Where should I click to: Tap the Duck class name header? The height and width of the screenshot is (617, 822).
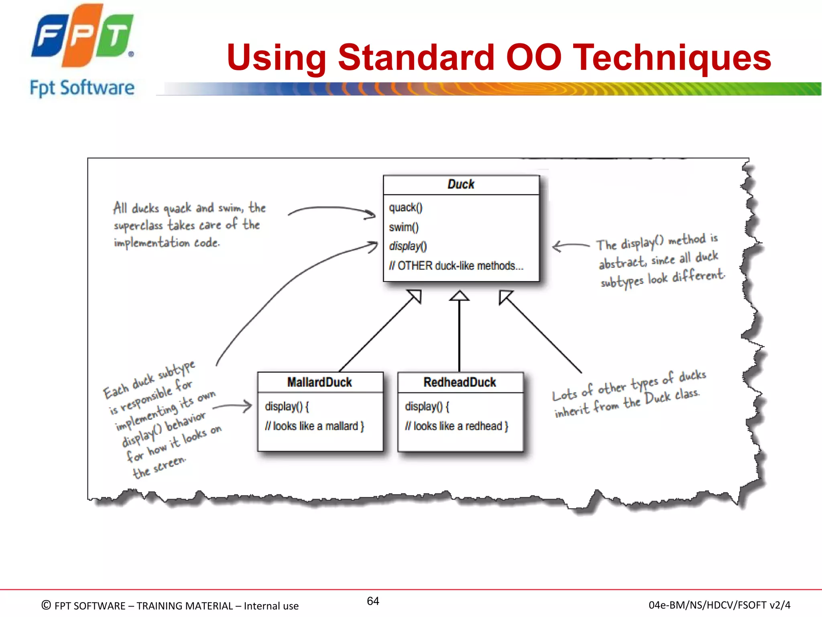[461, 184]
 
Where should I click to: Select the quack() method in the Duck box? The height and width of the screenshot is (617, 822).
[405, 208]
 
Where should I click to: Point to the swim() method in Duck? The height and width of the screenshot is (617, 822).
[403, 227]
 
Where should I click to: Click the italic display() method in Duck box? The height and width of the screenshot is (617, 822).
[408, 246]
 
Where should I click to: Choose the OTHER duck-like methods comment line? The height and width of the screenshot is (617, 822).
[456, 266]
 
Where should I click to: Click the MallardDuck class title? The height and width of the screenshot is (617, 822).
[319, 382]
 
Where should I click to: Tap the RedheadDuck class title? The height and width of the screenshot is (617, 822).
[460, 382]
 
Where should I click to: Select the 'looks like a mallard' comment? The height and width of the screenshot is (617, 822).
[314, 426]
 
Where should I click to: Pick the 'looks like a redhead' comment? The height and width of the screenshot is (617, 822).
[456, 426]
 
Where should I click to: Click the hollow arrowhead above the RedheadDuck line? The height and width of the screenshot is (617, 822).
[459, 296]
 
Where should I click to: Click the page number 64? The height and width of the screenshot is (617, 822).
[373, 601]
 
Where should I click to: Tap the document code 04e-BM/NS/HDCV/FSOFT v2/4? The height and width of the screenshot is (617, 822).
[719, 605]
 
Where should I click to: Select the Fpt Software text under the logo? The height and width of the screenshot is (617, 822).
[82, 88]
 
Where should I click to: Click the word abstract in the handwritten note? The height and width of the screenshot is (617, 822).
[622, 263]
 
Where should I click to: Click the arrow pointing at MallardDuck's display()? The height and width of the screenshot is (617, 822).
[233, 407]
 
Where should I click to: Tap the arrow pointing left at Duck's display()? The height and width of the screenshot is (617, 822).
[570, 245]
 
